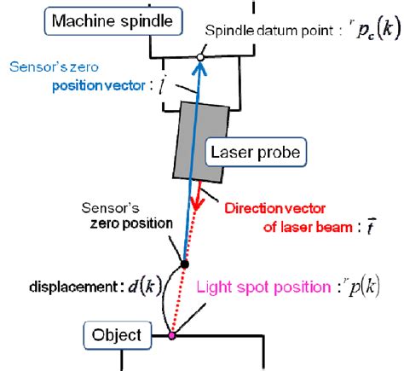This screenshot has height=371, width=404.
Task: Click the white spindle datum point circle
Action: point(199,57)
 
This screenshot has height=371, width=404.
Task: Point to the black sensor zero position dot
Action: point(185,264)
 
